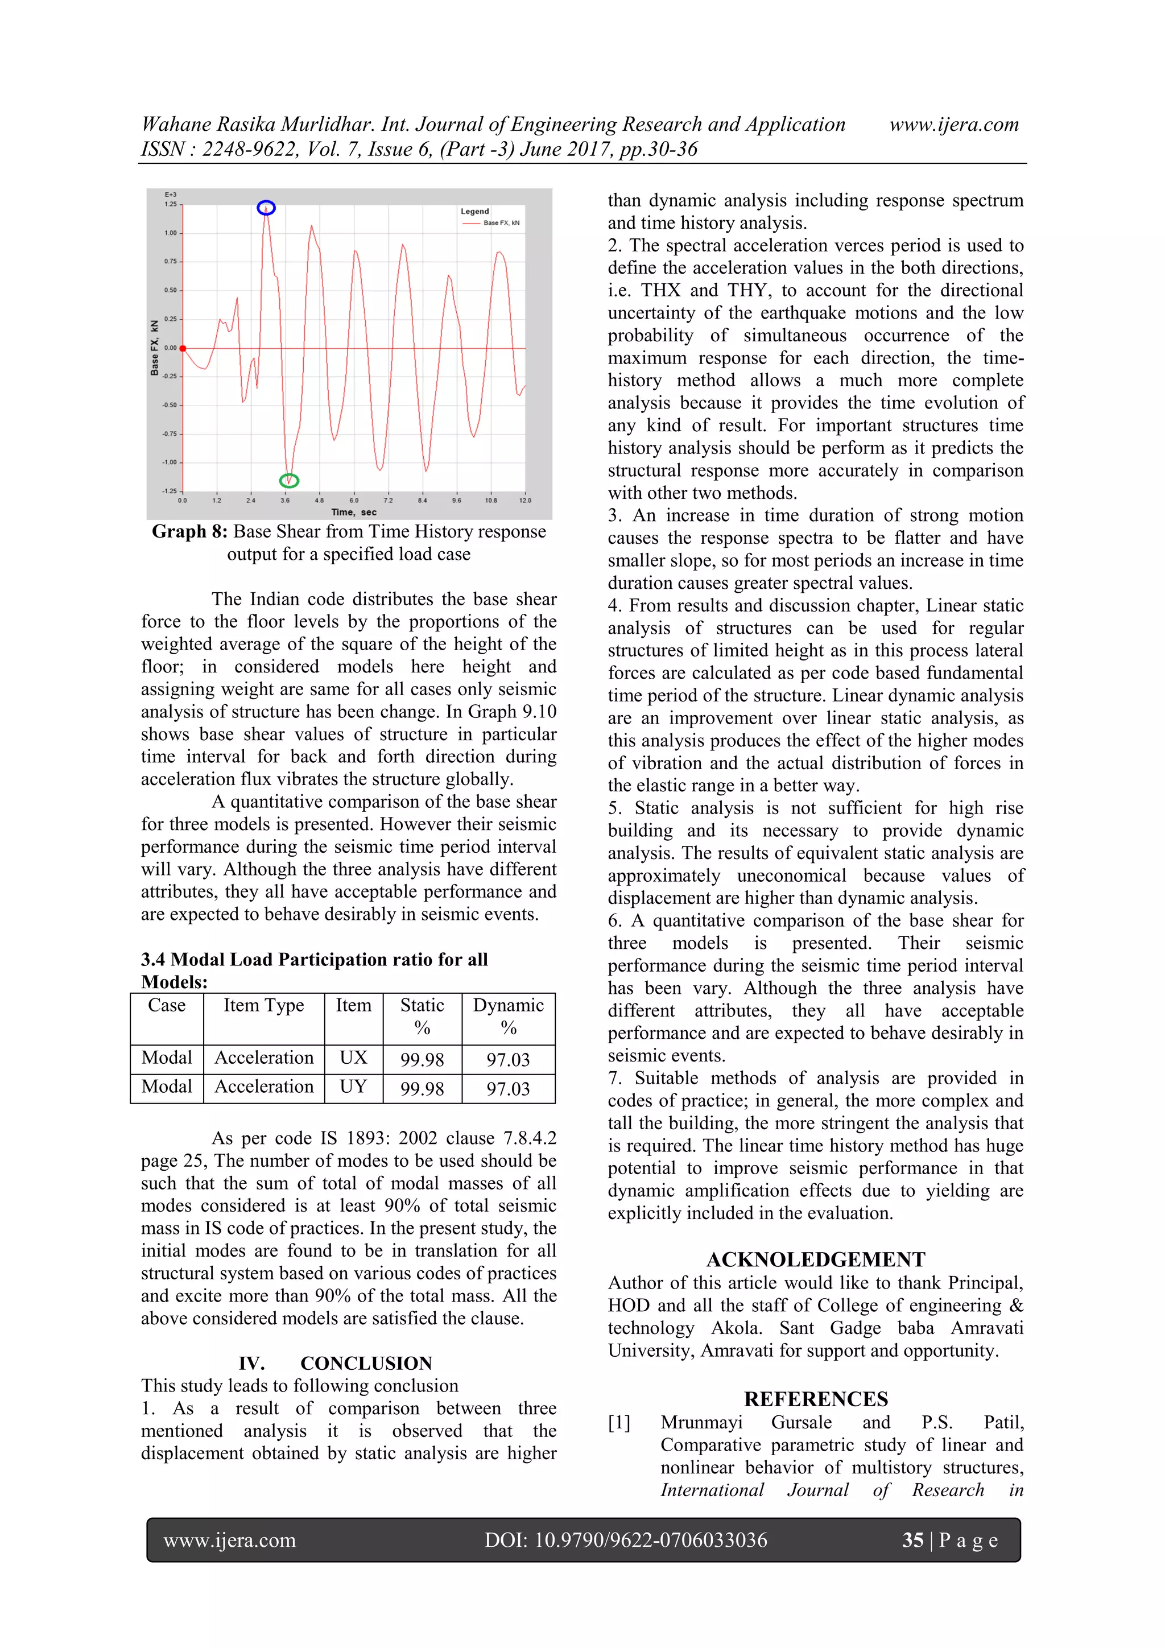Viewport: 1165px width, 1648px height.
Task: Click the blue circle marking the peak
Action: point(266,208)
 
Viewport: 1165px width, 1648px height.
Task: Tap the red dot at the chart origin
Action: point(183,348)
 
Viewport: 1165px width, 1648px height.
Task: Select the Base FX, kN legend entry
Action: point(501,223)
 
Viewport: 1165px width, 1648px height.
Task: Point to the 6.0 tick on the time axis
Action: point(354,500)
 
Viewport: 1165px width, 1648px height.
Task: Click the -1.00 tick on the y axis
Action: point(170,462)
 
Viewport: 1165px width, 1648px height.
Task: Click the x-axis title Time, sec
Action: point(354,513)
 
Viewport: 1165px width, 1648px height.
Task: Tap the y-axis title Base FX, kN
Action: point(154,348)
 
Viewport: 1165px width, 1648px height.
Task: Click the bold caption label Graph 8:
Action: point(189,532)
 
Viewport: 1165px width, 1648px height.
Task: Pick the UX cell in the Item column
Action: point(353,1058)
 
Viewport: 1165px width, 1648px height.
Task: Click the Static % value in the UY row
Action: point(422,1089)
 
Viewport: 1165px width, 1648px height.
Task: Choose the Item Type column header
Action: point(263,1006)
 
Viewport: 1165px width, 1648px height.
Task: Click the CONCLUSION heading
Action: point(366,1363)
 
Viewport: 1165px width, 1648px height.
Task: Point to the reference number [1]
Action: point(619,1423)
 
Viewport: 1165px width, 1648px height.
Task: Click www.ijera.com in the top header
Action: point(953,124)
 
